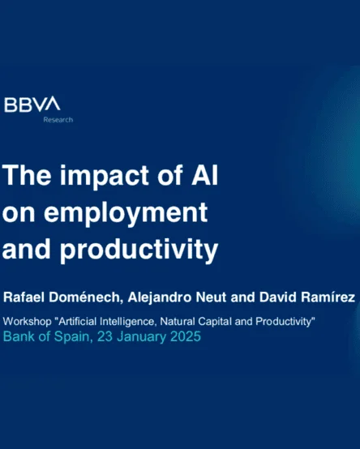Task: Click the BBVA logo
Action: [x=32, y=105]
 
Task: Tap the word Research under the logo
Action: [x=58, y=120]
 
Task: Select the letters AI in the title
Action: [x=204, y=175]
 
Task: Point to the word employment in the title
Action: [x=126, y=213]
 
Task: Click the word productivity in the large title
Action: [x=139, y=250]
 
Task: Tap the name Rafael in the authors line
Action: [x=24, y=297]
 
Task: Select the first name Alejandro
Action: [x=160, y=297]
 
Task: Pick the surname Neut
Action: [x=211, y=297]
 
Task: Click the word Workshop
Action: [x=28, y=322]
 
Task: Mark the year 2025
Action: [x=186, y=336]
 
